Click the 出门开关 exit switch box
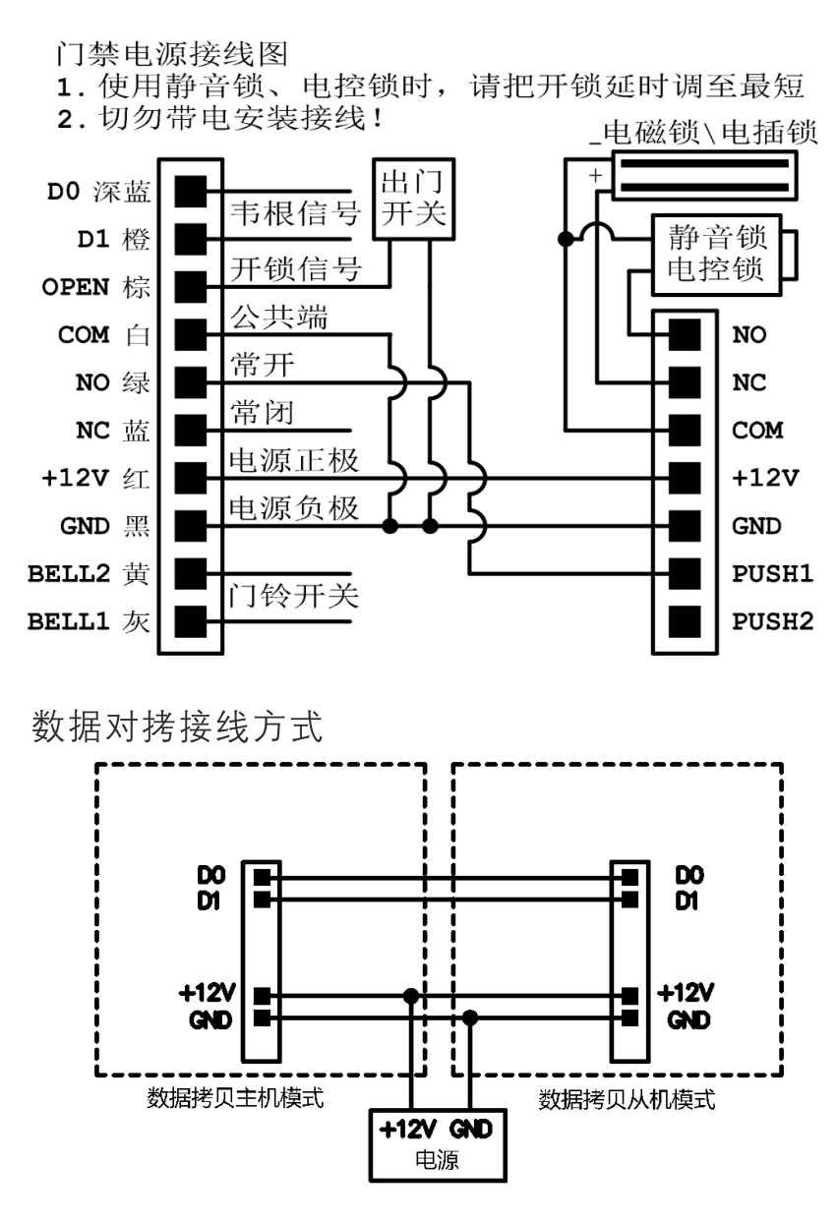pos(410,200)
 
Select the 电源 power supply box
pos(439,1146)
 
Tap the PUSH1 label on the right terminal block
pos(773,573)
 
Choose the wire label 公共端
pos(279,319)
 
